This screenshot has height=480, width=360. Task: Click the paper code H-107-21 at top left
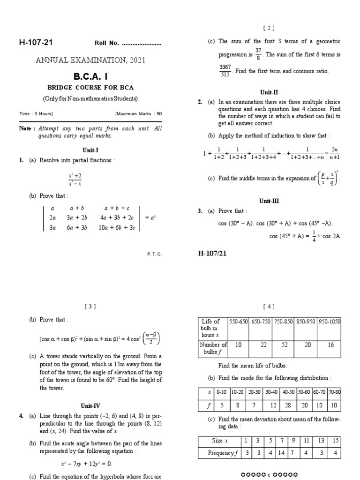tap(36, 43)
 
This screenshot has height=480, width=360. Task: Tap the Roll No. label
tap(107, 44)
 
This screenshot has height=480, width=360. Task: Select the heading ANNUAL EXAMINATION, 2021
tap(91, 60)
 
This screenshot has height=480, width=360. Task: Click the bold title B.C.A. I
tap(91, 76)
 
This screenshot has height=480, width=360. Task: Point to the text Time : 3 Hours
tap(36, 113)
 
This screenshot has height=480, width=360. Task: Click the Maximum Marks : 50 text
tap(138, 113)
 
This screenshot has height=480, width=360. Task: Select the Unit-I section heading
tap(91, 150)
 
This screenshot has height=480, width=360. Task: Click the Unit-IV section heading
tap(91, 406)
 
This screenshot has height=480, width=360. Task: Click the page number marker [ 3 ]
tap(90, 307)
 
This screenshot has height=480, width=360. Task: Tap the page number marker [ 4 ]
tap(270, 307)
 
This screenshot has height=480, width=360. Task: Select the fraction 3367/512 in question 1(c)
tap(225, 71)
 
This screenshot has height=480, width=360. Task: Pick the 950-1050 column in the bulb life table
tap(330, 322)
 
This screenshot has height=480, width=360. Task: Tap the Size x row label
tap(219, 441)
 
